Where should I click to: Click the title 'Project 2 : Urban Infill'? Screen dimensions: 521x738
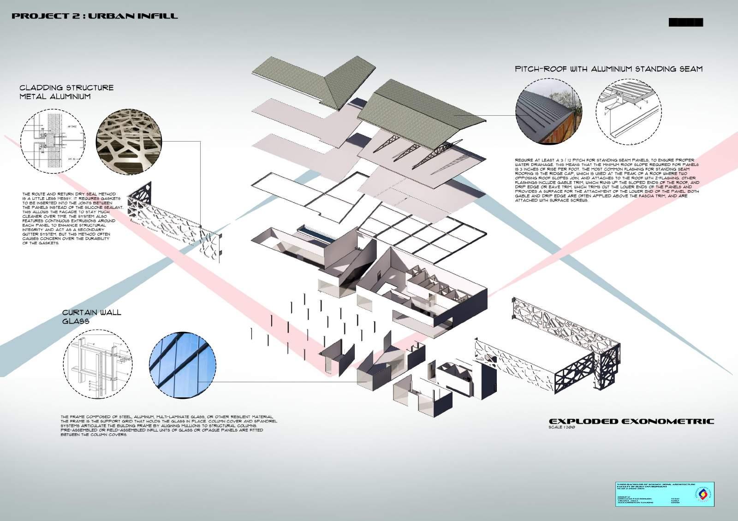click(94, 16)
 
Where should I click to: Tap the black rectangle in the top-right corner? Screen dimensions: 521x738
click(685, 22)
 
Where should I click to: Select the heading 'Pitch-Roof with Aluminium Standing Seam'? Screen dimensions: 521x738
click(608, 69)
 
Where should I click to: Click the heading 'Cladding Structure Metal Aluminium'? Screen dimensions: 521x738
click(66, 92)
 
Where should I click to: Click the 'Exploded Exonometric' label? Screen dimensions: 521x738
click(630, 421)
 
